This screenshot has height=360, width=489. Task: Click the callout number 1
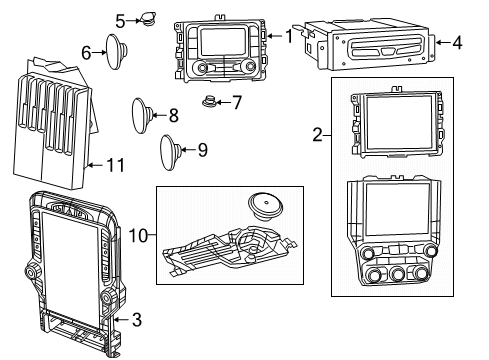(x=290, y=37)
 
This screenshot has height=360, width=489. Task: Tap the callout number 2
(x=317, y=135)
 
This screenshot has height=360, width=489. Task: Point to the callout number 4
(x=456, y=42)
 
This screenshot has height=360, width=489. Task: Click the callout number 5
(x=120, y=20)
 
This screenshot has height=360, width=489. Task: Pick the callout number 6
(x=87, y=52)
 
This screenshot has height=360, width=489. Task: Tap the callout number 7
(x=236, y=101)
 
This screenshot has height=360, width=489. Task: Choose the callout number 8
(x=173, y=115)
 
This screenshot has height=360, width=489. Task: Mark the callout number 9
(x=202, y=151)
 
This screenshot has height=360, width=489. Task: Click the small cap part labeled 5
(x=147, y=19)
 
